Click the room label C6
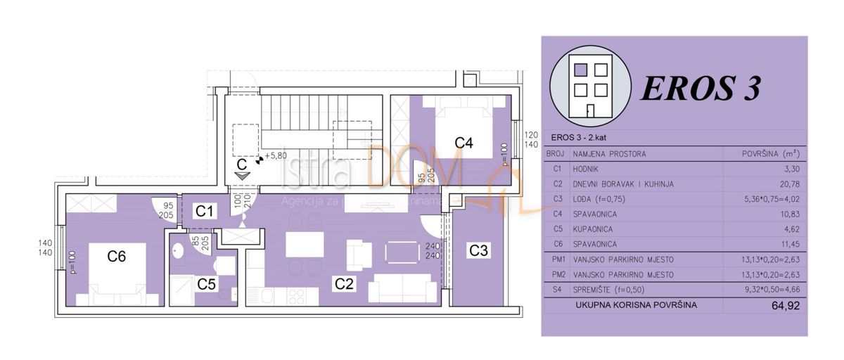pyautogui.click(x=117, y=257)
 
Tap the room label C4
pyautogui.click(x=463, y=143)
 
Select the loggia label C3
pyautogui.click(x=479, y=249)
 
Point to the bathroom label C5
pyautogui.click(x=207, y=284)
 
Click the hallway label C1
pyautogui.click(x=205, y=210)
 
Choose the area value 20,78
pyautogui.click(x=788, y=184)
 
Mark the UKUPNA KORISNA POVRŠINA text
pyautogui.click(x=636, y=305)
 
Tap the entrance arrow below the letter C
pyautogui.click(x=242, y=176)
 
